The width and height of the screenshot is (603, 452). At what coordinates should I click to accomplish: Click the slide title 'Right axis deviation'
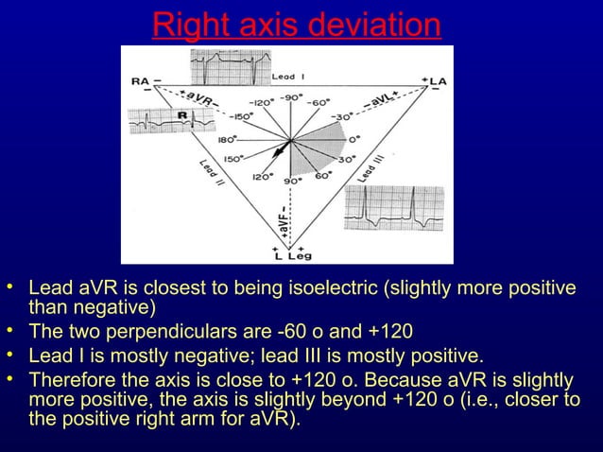[x=297, y=25]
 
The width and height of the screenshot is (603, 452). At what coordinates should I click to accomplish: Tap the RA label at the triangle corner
[x=139, y=82]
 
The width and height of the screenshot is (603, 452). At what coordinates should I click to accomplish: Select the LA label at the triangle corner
[x=438, y=82]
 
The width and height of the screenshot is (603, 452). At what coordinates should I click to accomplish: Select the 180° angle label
[x=228, y=139]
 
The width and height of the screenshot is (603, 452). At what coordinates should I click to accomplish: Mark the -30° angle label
[x=351, y=118]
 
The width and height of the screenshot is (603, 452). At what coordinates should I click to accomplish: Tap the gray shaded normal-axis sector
[x=326, y=146]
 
